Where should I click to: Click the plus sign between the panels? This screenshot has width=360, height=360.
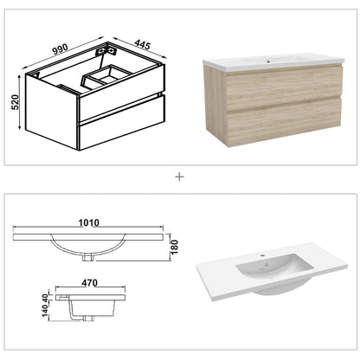pyautogui.click(x=179, y=177)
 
